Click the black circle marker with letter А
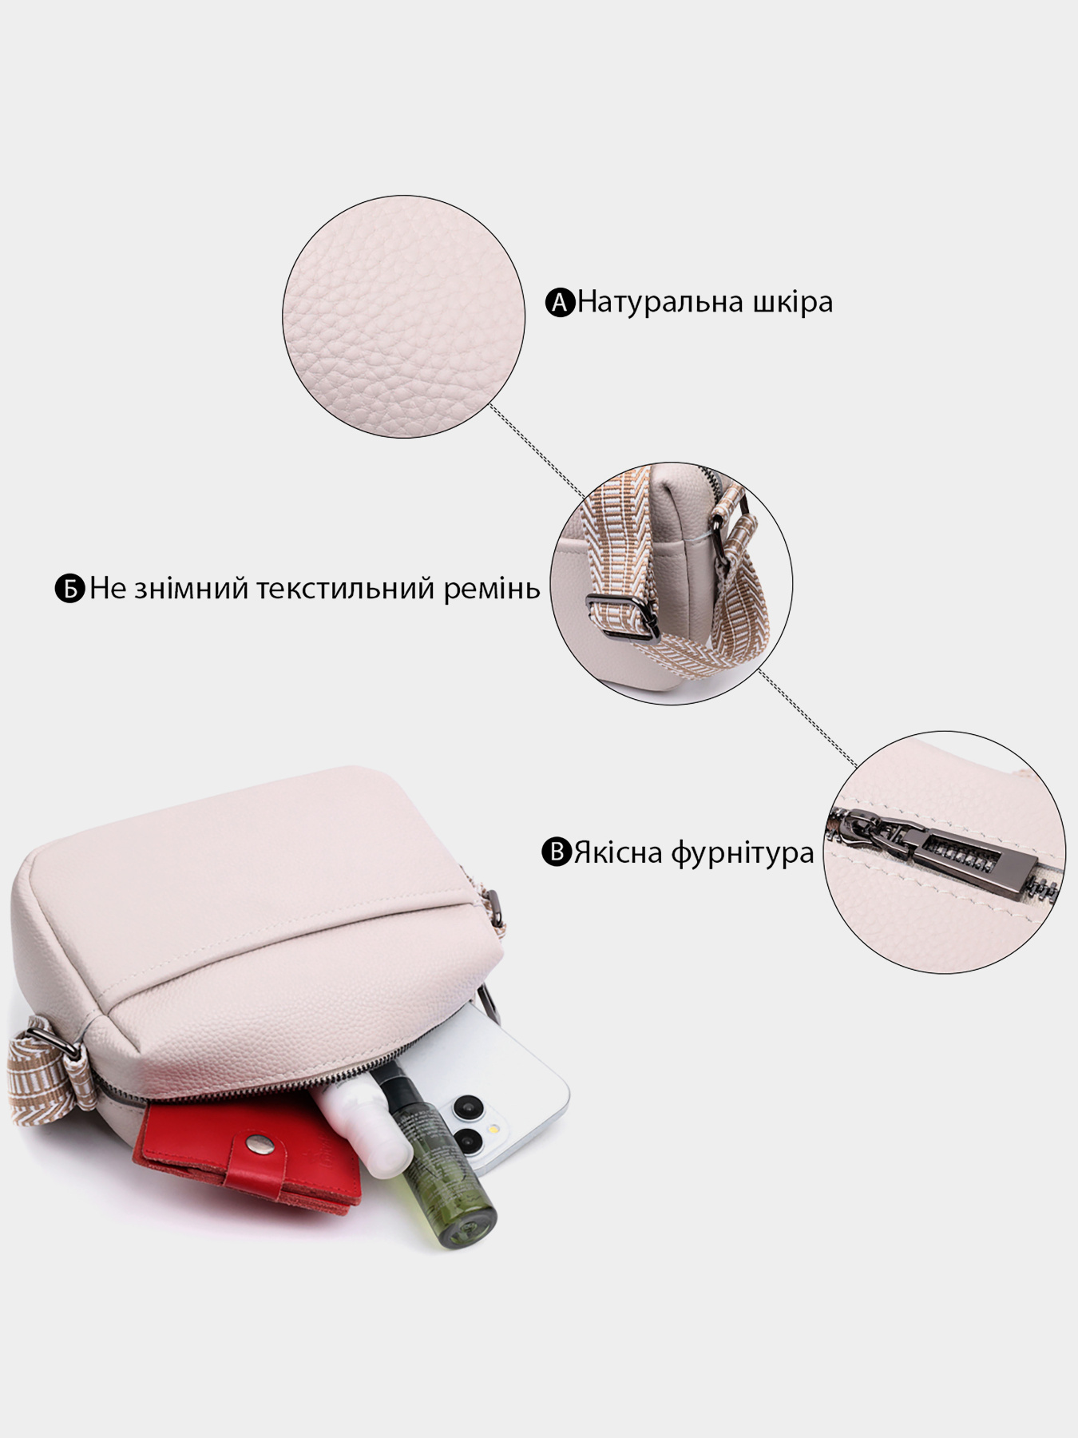coord(561,303)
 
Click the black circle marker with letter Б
coord(70,589)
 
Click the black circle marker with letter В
coord(557,852)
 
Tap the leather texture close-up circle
coord(404,317)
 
